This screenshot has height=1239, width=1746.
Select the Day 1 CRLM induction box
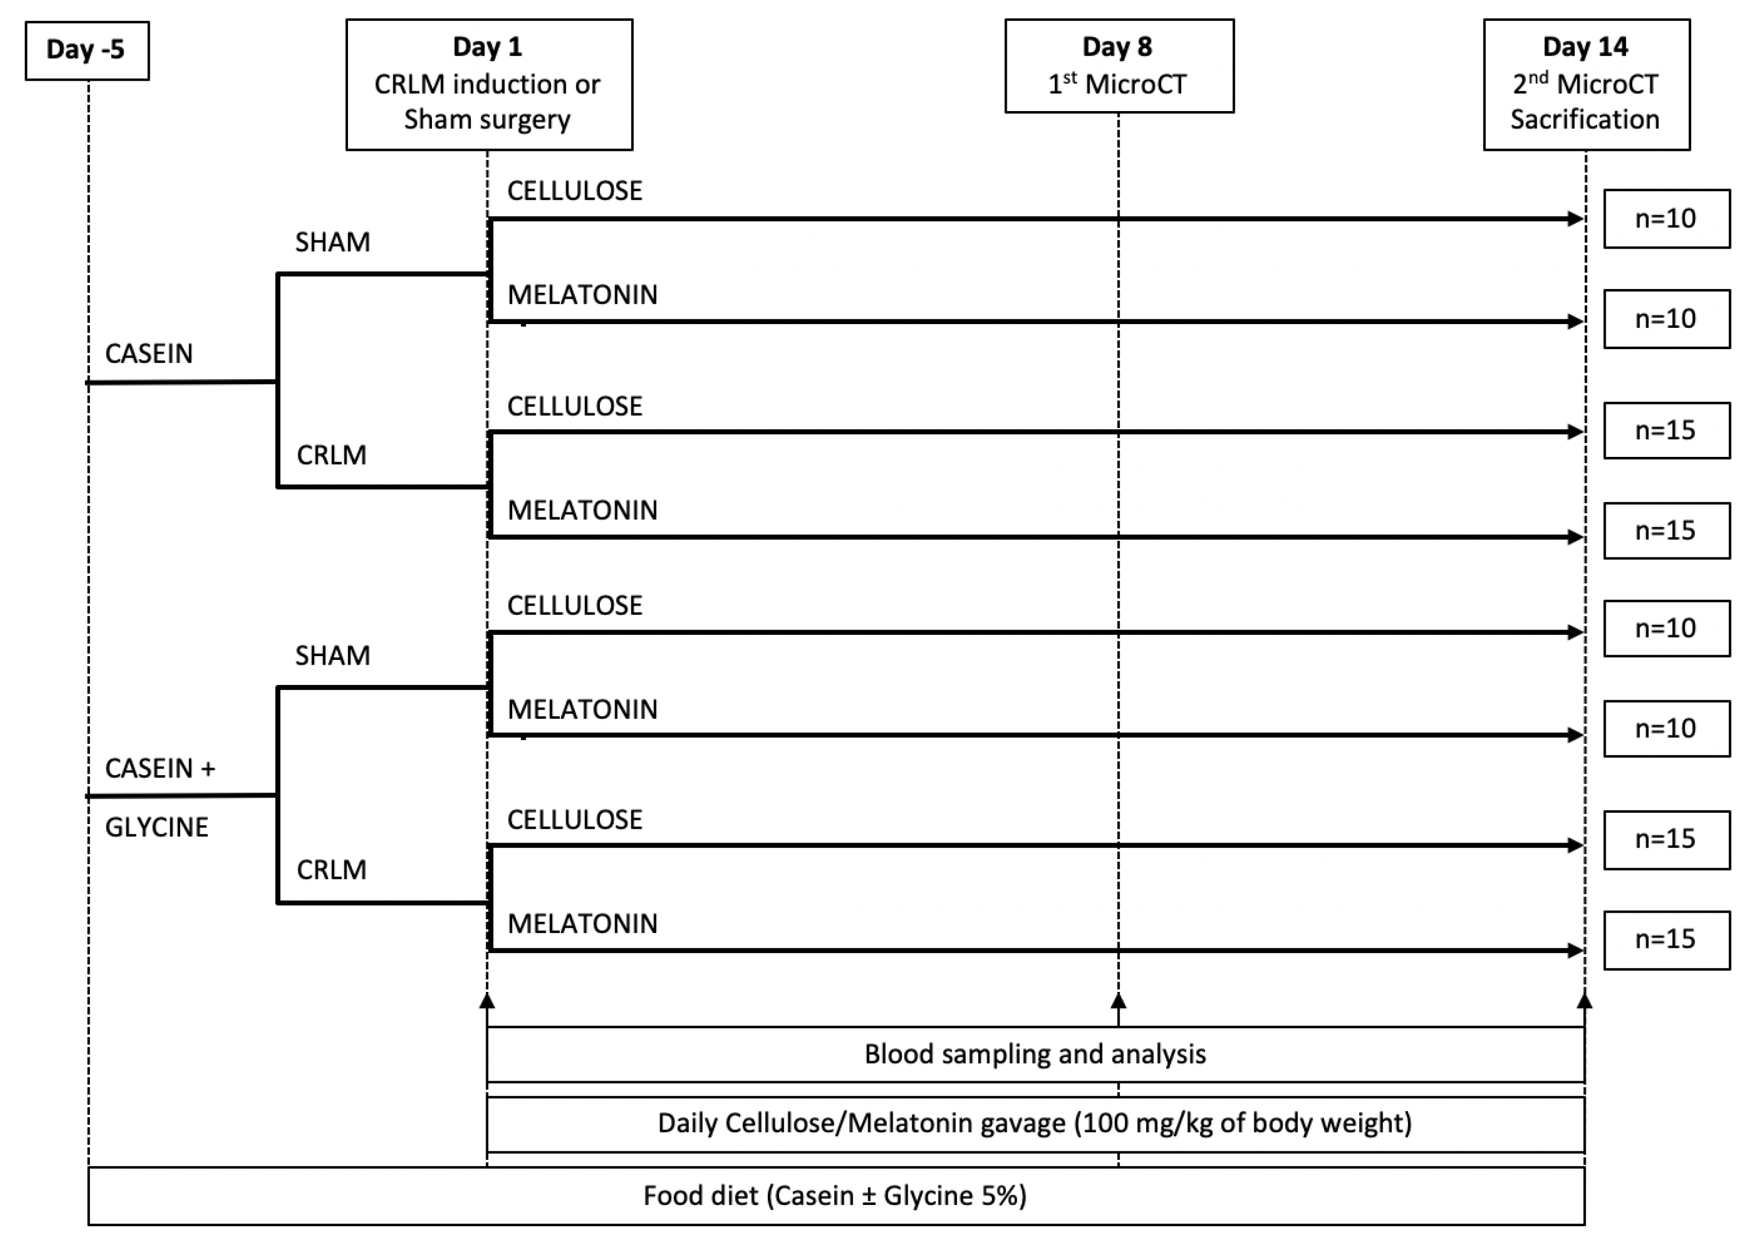488,84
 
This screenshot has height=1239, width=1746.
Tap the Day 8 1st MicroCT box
1118,66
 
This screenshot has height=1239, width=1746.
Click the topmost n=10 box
1666,219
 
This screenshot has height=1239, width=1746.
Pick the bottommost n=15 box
1666,939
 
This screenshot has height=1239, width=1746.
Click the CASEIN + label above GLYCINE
160,768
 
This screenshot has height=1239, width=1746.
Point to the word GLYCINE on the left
156,827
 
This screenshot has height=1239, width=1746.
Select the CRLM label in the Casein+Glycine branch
331,870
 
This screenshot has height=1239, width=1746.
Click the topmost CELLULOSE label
574,191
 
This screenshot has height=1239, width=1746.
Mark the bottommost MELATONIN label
582,924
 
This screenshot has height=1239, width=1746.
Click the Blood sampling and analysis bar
1035,1054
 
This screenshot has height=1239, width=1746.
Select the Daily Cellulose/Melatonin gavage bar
1035,1123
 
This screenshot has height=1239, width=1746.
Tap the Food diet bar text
835,1195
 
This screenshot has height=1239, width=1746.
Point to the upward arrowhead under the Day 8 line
1118,1001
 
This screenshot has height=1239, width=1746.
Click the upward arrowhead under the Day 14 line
1584,1001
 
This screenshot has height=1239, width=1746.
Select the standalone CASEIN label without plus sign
149,353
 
